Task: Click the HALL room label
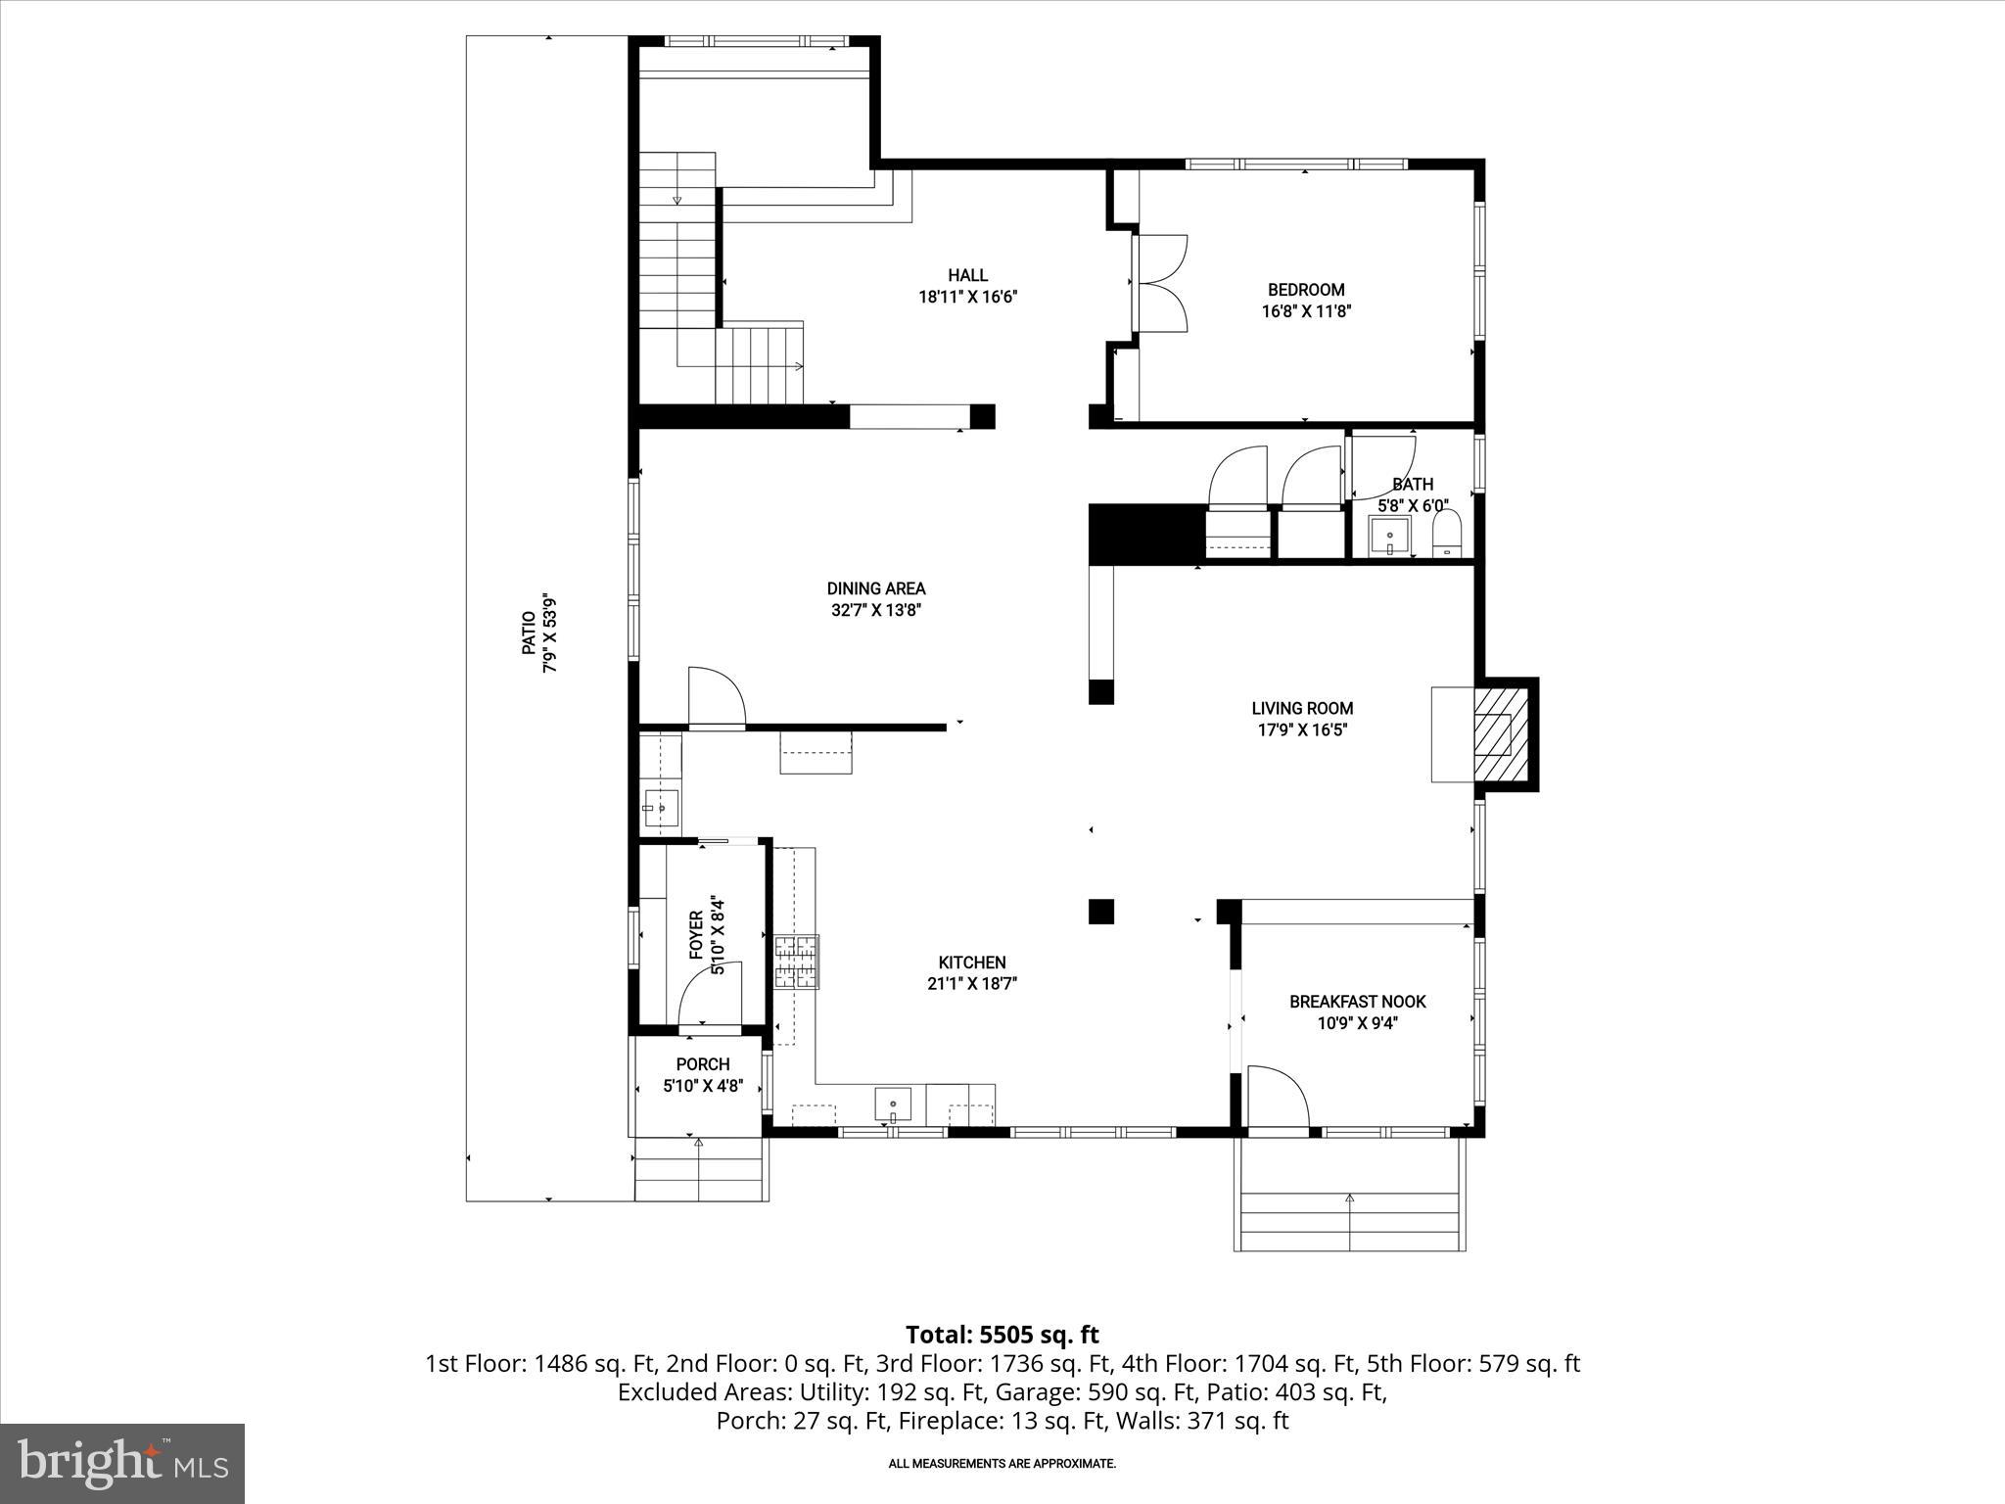[967, 276]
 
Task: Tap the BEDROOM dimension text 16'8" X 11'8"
[1306, 311]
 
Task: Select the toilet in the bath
[1446, 537]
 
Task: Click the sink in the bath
[1389, 538]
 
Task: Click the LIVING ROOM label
[1302, 708]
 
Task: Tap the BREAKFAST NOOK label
[1357, 1002]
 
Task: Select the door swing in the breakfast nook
[1277, 1099]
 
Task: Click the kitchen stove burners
[796, 962]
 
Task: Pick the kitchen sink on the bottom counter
[892, 1105]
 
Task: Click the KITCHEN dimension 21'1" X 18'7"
[972, 984]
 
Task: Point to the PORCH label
[703, 1064]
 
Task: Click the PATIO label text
[529, 634]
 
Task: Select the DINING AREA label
[876, 588]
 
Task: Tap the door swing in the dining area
[716, 696]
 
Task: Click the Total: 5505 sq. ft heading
[1002, 1335]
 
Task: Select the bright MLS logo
[122, 1464]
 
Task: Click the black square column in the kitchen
[1101, 911]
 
